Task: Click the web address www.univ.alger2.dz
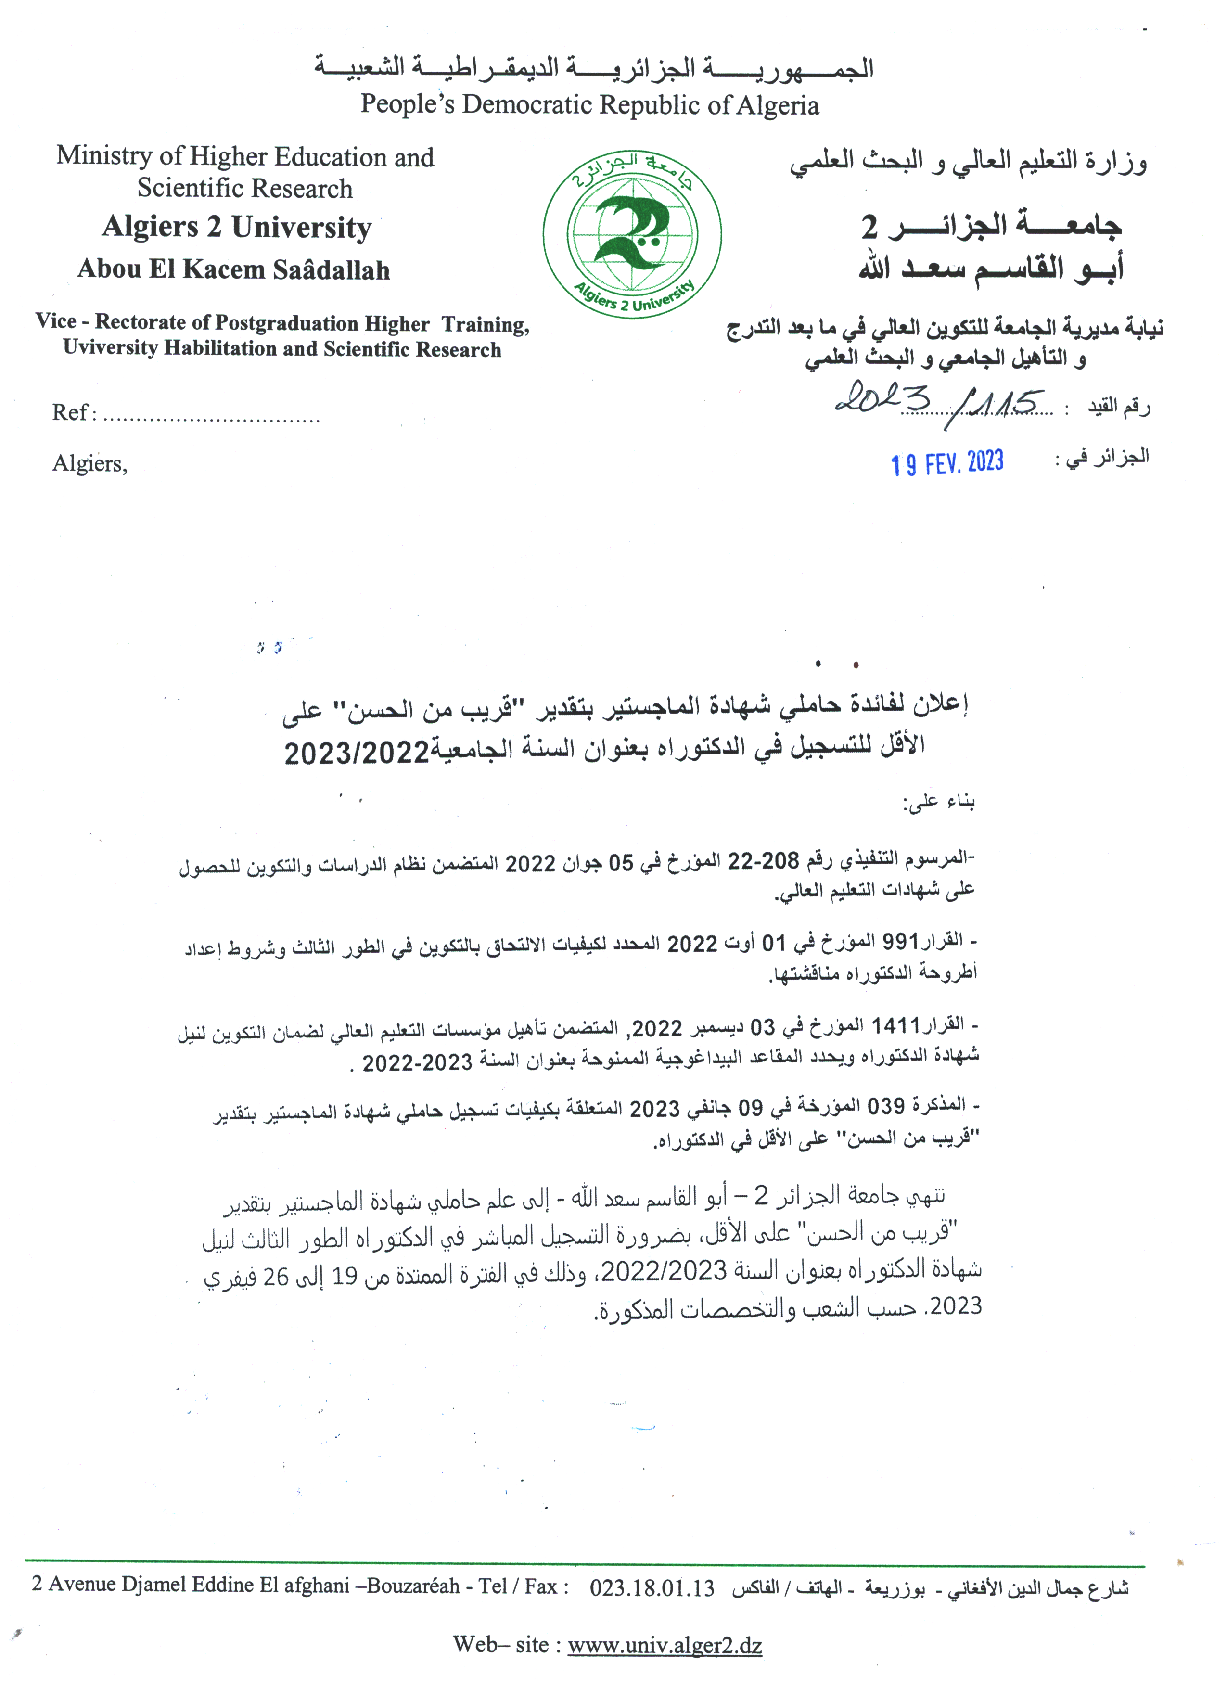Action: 665,1644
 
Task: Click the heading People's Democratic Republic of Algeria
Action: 589,104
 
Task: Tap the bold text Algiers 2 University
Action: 237,227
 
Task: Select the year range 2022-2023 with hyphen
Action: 418,1062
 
